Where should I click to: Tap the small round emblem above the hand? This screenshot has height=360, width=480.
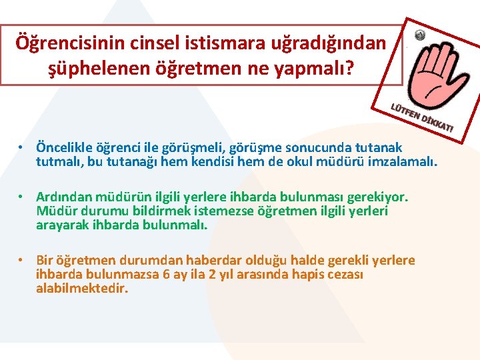(419, 35)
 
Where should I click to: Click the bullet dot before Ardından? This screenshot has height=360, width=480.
(22, 198)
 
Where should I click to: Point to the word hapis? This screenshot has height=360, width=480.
(309, 274)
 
